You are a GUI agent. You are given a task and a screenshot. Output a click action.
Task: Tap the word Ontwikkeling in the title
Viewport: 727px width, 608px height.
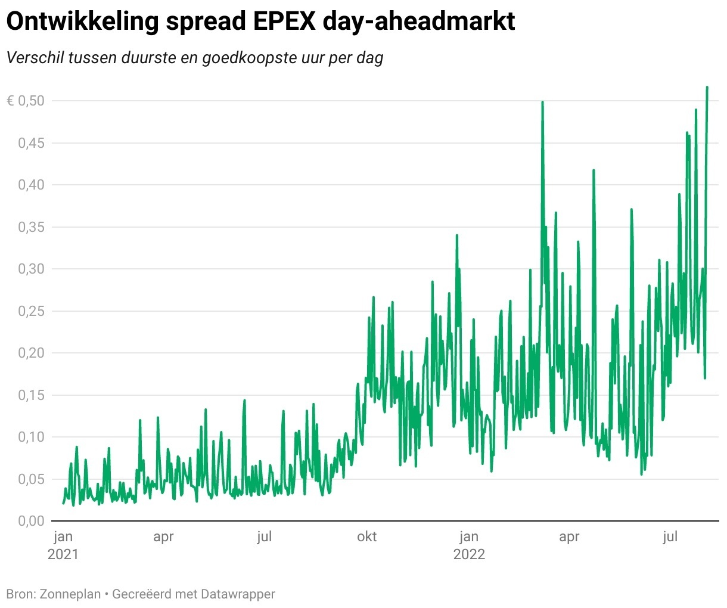tap(82, 22)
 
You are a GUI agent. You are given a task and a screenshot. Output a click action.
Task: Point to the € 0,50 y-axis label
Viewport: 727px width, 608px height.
tap(26, 101)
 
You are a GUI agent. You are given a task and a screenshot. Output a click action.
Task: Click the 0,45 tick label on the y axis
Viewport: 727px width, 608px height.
tap(31, 143)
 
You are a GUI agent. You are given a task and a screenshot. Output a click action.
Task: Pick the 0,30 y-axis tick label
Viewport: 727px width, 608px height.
tap(31, 269)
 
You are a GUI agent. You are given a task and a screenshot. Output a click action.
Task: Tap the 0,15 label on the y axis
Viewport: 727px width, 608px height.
tap(31, 395)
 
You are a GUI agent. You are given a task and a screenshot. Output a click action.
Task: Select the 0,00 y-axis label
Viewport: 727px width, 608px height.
tap(31, 521)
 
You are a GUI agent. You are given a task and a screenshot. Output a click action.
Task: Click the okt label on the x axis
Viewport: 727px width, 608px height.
tap(366, 537)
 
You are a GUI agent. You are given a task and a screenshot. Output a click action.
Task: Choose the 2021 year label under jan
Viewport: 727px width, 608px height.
tap(63, 554)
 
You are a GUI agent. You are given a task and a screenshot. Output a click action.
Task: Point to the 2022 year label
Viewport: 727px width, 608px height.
tap(469, 554)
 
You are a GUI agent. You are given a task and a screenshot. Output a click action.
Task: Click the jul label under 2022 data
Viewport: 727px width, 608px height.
tap(670, 537)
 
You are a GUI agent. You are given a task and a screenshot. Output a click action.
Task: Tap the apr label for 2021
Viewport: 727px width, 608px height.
tap(163, 537)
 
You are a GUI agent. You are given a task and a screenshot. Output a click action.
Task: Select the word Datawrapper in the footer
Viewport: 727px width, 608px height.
tap(238, 594)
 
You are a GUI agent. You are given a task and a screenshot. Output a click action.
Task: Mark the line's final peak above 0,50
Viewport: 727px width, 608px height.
tap(707, 87)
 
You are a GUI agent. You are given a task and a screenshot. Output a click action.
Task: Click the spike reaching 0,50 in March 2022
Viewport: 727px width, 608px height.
tap(542, 102)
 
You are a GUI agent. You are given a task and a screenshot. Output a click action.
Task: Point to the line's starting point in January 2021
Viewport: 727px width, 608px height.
tap(63, 503)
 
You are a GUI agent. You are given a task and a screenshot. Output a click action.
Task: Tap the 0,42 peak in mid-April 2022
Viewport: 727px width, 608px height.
tap(594, 170)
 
